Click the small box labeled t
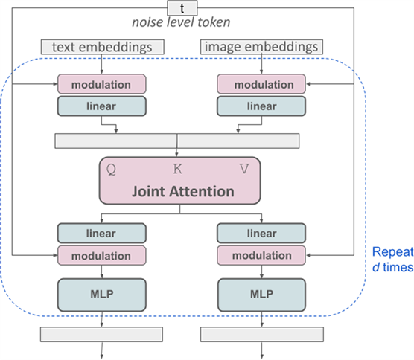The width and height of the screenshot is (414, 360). [x=182, y=8]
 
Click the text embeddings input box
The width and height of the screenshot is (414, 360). [x=103, y=47]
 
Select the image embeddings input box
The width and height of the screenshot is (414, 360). [x=261, y=47]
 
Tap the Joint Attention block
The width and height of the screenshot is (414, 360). [x=179, y=181]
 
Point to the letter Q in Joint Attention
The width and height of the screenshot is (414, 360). [x=111, y=170]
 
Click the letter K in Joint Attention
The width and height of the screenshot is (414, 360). [x=178, y=169]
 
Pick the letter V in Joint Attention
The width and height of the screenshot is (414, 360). [x=244, y=169]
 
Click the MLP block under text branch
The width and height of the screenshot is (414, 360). [x=102, y=295]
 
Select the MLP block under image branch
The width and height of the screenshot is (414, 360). [x=261, y=295]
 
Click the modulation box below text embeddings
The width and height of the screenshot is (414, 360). [x=102, y=84]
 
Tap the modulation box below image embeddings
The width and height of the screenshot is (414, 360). [x=261, y=84]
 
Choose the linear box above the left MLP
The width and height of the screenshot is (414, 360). [x=102, y=233]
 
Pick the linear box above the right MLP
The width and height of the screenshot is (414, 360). [x=261, y=233]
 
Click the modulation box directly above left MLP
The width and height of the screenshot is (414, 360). [x=102, y=255]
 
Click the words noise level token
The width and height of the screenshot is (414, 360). [x=181, y=22]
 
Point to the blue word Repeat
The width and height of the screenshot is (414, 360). [x=392, y=252]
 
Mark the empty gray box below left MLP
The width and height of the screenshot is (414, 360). [x=102, y=335]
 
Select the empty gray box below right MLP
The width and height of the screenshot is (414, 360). [x=262, y=335]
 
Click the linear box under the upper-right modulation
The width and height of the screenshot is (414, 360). [x=261, y=106]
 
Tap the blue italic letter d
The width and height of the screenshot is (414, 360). [x=376, y=268]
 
